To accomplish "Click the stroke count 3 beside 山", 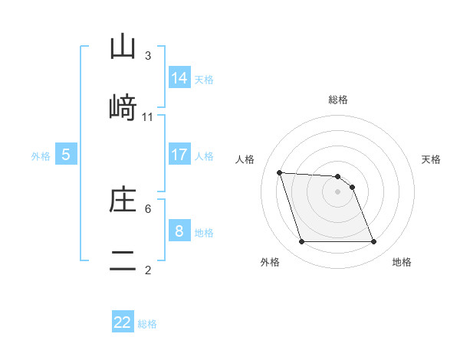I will [x=148, y=55].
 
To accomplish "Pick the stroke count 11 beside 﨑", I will [x=148, y=116].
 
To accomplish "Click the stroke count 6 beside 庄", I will [x=148, y=208].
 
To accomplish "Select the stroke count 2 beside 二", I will [x=148, y=270].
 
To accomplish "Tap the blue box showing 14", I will [x=179, y=77].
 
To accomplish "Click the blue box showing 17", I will [x=179, y=154].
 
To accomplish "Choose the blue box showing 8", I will [x=179, y=231].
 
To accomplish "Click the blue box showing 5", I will [x=66, y=154].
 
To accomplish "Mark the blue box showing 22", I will [x=123, y=322].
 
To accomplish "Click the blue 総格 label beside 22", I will [x=147, y=324].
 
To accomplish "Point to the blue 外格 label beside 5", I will [x=41, y=155].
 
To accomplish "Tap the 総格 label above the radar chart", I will [x=338, y=100].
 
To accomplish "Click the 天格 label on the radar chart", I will [x=431, y=159].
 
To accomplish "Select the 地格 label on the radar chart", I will [x=402, y=262].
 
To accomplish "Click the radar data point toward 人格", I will [x=279, y=172].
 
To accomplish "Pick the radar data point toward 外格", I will [x=301, y=242].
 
